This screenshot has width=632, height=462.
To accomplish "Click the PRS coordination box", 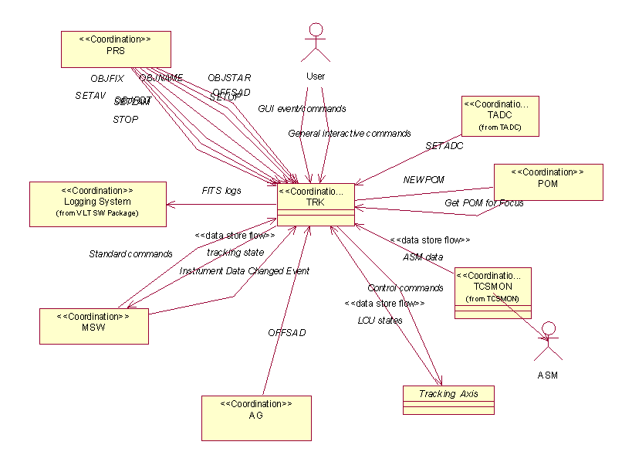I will [116, 48].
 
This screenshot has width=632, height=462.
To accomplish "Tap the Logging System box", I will [97, 204].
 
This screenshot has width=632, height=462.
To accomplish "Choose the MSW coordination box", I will [93, 325].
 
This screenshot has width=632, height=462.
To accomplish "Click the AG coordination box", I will [256, 418].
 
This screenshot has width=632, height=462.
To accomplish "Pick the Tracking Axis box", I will [448, 399].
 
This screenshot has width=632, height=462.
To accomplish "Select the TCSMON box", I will [493, 292].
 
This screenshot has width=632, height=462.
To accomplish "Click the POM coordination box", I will [548, 182].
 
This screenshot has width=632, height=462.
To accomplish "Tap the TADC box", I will [499, 116].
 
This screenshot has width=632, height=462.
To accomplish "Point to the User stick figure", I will [316, 43].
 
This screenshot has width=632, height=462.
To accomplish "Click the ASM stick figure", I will [547, 344].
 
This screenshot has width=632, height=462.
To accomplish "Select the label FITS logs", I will [221, 190].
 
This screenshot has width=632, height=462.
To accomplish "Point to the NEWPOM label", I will [424, 180].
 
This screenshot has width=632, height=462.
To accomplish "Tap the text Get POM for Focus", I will [484, 203].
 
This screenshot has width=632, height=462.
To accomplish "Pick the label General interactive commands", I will [349, 134].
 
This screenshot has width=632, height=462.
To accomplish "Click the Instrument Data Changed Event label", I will [245, 271].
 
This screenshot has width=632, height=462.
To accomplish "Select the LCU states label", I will [380, 320].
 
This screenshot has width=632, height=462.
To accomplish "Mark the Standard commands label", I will [130, 253].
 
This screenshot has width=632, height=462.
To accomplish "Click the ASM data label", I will [423, 256].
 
